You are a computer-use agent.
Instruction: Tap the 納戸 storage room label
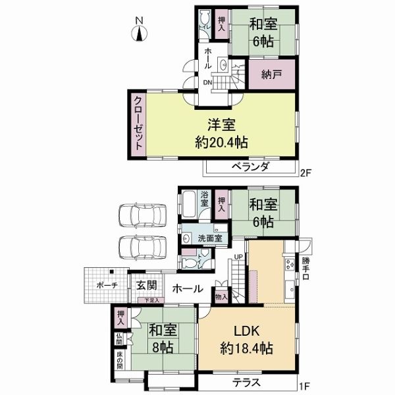[x=271, y=75]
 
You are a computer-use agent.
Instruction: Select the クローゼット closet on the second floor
[x=138, y=124]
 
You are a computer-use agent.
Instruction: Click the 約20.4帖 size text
[x=221, y=143]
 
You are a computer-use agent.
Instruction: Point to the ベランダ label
[x=251, y=167]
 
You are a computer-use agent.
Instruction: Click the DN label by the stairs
[x=207, y=83]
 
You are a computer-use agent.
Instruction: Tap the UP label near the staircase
[x=238, y=257]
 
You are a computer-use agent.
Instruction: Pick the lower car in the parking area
[x=143, y=248]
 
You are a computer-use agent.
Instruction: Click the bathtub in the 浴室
[x=189, y=204]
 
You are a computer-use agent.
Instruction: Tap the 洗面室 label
[x=209, y=238]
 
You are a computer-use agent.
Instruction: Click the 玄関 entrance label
[x=147, y=286]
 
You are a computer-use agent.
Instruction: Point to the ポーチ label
[x=107, y=286]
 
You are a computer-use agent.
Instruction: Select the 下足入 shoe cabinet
[x=151, y=300]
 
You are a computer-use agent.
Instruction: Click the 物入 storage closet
[x=221, y=296]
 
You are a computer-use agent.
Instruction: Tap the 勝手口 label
[x=305, y=269]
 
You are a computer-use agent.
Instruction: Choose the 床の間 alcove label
[x=120, y=360]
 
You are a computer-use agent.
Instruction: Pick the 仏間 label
[x=119, y=339]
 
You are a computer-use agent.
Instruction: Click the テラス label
[x=246, y=382]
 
